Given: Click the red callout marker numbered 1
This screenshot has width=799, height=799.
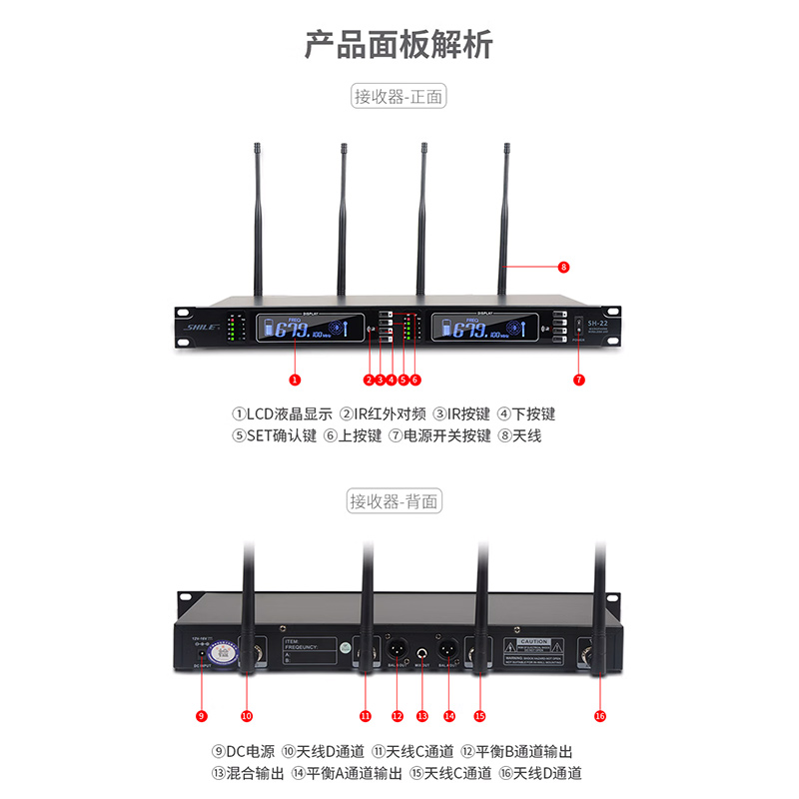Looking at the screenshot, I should click(x=294, y=380).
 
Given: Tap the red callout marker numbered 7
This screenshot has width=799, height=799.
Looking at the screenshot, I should click(x=579, y=380).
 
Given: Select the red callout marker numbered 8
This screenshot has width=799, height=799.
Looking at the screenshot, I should click(x=564, y=267).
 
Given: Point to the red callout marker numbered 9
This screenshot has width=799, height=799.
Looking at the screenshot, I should click(x=202, y=715).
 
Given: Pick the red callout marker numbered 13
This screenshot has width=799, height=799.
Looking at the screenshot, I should click(x=421, y=715).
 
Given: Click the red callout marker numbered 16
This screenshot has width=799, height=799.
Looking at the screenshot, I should click(x=599, y=715).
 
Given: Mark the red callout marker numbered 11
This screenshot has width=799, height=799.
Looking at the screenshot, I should click(x=366, y=715).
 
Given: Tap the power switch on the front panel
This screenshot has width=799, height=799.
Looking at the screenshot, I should click(x=578, y=327).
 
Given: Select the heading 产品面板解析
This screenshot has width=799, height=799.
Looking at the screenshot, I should click(x=399, y=45).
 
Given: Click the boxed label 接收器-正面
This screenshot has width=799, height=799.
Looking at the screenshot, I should click(x=399, y=97).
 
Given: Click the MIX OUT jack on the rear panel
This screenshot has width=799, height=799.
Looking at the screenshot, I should click(x=421, y=656).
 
